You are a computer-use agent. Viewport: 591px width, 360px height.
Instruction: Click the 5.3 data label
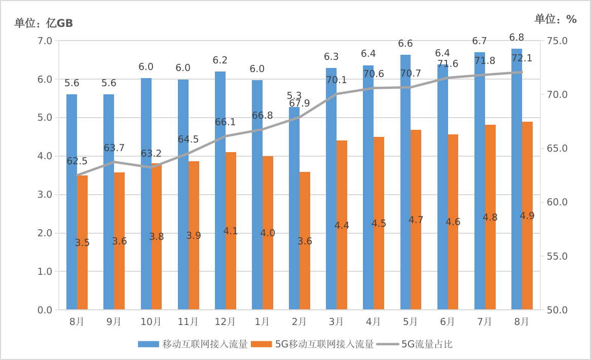[x=294, y=96]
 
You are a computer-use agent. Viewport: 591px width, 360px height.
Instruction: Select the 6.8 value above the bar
[x=516, y=38]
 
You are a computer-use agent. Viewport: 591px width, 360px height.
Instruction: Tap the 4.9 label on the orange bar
[x=527, y=215]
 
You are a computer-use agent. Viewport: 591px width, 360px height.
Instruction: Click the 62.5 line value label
[x=77, y=162]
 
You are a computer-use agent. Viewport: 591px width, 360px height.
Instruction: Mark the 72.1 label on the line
[x=522, y=58]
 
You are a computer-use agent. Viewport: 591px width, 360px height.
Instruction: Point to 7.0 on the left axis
[x=46, y=41]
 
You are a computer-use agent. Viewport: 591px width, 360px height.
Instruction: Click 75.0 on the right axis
[x=558, y=41]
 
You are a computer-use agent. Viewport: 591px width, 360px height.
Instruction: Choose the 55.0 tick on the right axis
[x=558, y=256]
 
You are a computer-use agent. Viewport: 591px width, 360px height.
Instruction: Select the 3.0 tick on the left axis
[x=46, y=195]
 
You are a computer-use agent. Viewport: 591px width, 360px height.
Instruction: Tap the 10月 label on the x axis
[x=151, y=321]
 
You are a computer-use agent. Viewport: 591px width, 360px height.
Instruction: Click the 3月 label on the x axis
[x=336, y=321]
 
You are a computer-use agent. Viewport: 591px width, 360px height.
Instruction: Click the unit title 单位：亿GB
[x=44, y=23]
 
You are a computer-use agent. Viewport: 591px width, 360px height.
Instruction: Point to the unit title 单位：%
[x=556, y=19]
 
